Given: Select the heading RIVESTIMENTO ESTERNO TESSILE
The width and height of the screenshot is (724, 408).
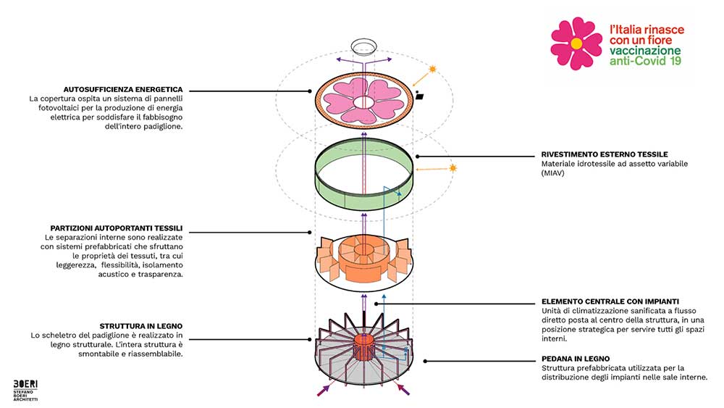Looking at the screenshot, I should (x=605, y=154).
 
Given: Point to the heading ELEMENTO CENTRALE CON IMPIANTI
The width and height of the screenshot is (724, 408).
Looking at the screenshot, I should (x=610, y=301).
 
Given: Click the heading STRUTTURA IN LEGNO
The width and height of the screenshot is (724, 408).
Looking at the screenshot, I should (x=141, y=325).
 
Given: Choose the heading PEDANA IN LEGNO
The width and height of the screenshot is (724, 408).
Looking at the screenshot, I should (x=576, y=358).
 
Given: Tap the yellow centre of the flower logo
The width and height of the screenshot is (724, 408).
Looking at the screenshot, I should (x=576, y=43).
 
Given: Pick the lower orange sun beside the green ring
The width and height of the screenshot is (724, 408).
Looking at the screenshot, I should (x=455, y=169).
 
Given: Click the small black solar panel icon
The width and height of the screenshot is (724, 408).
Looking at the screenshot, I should (x=421, y=96).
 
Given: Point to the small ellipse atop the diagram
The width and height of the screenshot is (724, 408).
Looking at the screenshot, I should (x=363, y=46).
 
